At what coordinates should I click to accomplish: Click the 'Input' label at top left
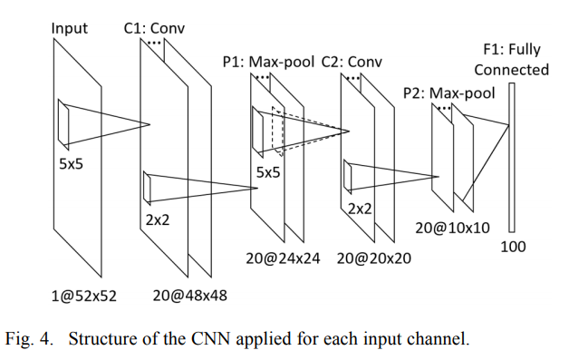(x=70, y=28)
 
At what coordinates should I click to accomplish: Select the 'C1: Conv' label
(x=154, y=28)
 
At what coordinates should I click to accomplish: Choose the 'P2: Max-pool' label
(x=448, y=92)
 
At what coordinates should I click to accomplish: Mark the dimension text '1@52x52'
(x=85, y=295)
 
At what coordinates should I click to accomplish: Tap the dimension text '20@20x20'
(x=374, y=258)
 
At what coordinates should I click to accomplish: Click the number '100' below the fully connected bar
(x=513, y=246)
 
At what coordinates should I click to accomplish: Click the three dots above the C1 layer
(x=155, y=43)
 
